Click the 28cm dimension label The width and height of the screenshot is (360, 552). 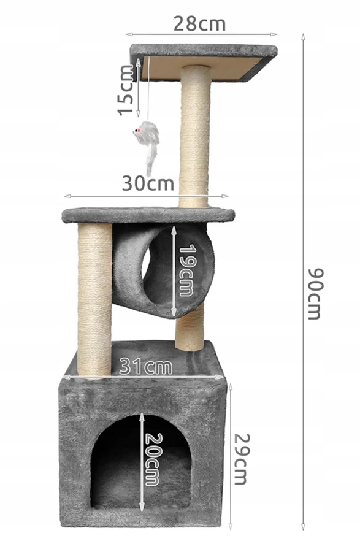pos(199,24)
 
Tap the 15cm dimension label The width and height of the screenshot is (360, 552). pos(126,90)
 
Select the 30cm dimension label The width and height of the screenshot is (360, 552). pos(147,183)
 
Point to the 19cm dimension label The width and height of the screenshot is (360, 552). pos(186,270)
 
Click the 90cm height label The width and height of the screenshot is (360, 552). pos(314,293)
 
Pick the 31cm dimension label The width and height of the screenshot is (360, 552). pos(145,366)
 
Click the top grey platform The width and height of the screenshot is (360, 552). pos(202,51)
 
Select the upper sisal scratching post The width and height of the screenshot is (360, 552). pos(195,135)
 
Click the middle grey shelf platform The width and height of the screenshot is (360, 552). pos(148,215)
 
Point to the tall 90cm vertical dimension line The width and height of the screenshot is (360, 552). pos(302,184)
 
